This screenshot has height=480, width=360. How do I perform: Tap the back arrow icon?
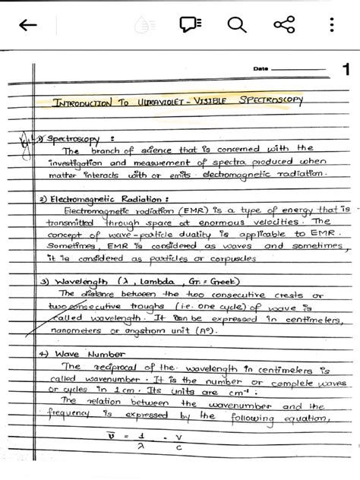(x=27, y=26)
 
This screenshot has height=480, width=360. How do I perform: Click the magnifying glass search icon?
(x=237, y=25)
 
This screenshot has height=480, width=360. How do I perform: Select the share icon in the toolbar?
(x=284, y=25)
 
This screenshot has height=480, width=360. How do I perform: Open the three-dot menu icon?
(x=331, y=25)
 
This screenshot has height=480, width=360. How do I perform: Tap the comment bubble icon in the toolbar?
(x=189, y=25)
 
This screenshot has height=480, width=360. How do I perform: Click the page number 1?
(x=346, y=71)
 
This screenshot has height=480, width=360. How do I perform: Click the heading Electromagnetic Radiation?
(x=103, y=199)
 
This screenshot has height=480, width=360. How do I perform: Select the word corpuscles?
(x=227, y=258)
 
